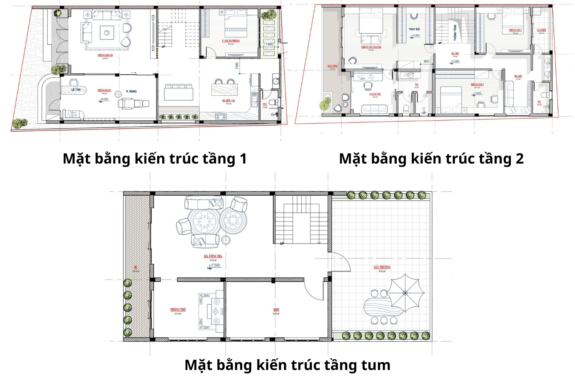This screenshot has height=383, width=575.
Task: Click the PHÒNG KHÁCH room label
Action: click(105, 55)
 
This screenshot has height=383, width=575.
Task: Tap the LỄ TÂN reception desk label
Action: click(76, 89)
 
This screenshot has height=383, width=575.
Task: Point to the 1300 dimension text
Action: click(269, 44)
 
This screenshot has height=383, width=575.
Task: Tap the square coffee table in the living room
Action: click(106, 32)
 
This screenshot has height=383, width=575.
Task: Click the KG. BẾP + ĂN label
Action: click(228, 101)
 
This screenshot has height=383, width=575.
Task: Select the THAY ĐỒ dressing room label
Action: click(414, 29)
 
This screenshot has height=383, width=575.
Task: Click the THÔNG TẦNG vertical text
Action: click(455, 33)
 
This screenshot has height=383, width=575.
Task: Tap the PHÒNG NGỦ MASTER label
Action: click(371, 47)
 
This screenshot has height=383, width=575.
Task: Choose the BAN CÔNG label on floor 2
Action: click(332, 66)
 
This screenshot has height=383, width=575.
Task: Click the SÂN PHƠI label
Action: click(541, 30)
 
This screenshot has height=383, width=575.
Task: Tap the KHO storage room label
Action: click(276, 309)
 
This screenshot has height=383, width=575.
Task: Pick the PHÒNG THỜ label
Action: click(178, 309)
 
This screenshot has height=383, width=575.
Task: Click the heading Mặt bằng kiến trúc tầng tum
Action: click(287, 365)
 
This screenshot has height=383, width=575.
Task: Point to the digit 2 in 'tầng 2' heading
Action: click(519, 159)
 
